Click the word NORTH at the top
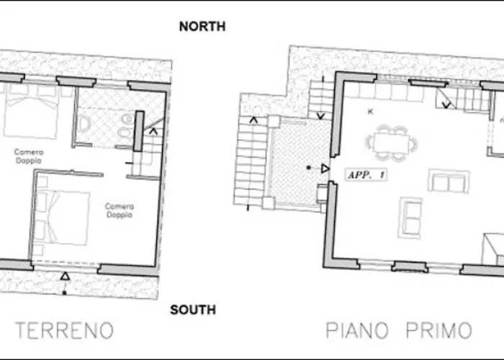click(202, 27)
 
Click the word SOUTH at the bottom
click(192, 310)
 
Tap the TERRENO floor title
click(65, 330)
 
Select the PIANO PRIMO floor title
click(399, 330)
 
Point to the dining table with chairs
click(392, 140)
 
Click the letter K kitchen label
click(370, 112)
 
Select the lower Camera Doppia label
click(120, 210)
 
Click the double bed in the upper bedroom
click(31, 112)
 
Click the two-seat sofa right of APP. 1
click(448, 181)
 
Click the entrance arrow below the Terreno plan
click(66, 276)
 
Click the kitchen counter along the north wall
click(392, 92)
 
